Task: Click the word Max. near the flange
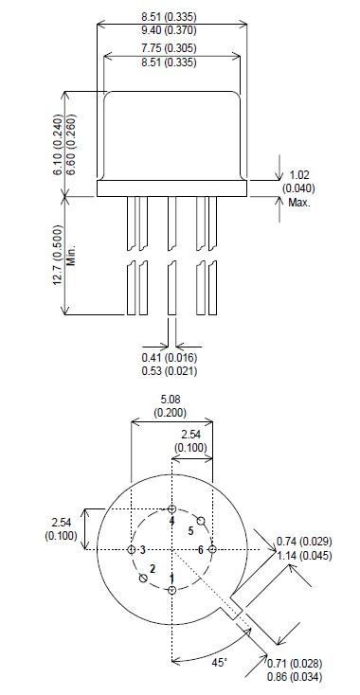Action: point(300,202)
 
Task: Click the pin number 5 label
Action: point(189,532)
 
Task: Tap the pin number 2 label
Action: point(152,568)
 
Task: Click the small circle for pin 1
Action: point(171,590)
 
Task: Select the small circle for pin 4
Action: point(171,509)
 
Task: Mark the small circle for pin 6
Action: point(212,549)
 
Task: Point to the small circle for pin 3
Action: point(131,549)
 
